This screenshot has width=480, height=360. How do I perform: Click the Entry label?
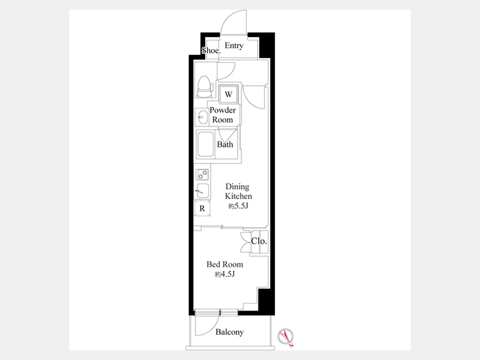(234, 46)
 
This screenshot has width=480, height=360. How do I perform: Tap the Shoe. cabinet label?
(211, 51)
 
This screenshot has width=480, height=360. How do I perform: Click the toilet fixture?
(204, 86)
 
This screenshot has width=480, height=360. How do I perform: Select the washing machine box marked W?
(228, 94)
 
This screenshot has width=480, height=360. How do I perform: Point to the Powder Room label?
(222, 115)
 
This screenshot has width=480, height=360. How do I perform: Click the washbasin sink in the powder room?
(202, 117)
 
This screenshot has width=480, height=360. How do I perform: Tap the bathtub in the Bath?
(205, 144)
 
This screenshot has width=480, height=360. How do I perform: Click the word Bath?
(225, 144)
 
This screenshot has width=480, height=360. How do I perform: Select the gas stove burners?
(202, 174)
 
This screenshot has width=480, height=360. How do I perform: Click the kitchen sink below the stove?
(202, 191)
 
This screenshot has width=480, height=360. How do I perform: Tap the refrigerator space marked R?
(202, 209)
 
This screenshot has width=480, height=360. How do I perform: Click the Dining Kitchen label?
(238, 191)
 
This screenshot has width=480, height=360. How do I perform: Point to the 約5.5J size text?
(238, 206)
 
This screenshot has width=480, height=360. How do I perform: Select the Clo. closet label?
(259, 241)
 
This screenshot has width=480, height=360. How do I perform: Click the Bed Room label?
(225, 264)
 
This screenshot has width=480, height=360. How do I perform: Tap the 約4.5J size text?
(225, 274)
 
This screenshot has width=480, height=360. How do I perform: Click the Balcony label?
(229, 332)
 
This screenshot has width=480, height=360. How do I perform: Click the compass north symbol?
(286, 337)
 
